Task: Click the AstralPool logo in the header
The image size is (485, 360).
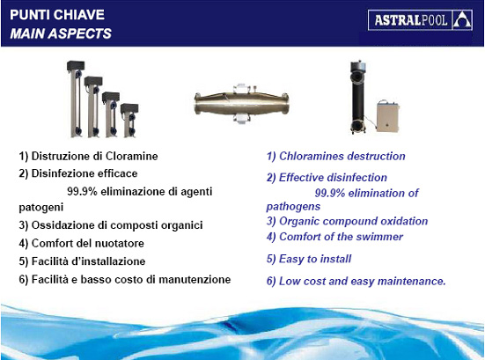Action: [x=420, y=20]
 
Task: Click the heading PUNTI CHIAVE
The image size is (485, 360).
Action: [x=57, y=15]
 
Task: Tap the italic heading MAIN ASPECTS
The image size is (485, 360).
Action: [x=61, y=33]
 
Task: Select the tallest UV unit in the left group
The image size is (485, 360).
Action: [x=76, y=98]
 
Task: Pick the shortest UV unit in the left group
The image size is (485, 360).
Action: [x=129, y=121]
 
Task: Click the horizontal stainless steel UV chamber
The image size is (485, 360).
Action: [x=241, y=104]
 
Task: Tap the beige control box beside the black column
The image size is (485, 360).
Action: [x=387, y=116]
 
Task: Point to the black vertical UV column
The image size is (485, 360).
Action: [x=358, y=97]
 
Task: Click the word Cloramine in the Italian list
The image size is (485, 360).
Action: [x=131, y=156]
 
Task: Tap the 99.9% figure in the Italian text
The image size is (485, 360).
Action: [x=82, y=192]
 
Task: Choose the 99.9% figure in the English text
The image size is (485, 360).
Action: [x=330, y=193]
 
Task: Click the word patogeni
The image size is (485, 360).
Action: [x=41, y=207]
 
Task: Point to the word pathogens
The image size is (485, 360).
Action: [x=293, y=207]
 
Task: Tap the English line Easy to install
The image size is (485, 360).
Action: [x=315, y=259]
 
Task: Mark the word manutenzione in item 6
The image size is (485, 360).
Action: [x=195, y=279]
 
